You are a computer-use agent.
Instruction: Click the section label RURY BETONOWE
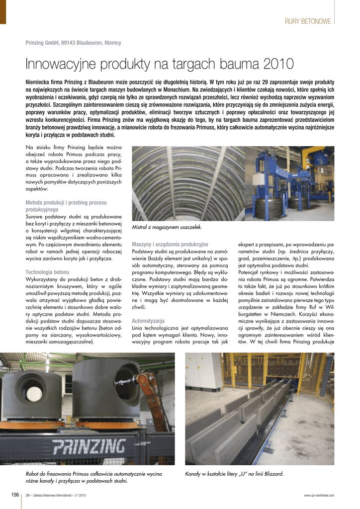pos(308,21)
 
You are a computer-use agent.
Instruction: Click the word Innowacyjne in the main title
pos(59,64)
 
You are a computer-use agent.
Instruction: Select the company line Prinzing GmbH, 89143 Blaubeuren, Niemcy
pos(73,43)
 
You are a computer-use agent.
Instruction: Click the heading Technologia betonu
pos(47,272)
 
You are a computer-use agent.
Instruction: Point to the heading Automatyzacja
pos(148,321)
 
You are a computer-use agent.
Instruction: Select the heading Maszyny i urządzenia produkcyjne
pos(170,244)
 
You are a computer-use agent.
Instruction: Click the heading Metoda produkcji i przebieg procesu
pos(66,203)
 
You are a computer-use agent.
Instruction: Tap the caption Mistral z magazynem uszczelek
pos(167,227)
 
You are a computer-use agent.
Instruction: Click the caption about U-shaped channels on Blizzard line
pos(234,474)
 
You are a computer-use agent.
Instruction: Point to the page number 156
pos(15,495)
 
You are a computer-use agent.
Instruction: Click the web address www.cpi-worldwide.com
pos(319,496)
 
